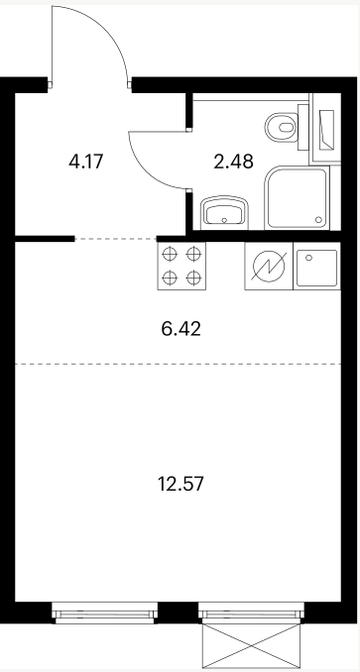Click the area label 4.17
pos(86,162)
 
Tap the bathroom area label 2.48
pos(234,162)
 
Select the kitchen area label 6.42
pos(180,329)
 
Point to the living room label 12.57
pos(180,485)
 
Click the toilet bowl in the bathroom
pos(281,127)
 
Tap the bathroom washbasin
pos(224,211)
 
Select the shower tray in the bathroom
pos(297,198)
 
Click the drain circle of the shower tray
pos(318,219)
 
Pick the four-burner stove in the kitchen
pos(181,266)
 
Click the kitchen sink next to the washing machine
pos(316,266)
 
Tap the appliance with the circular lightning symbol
pos(269,266)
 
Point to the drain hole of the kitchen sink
pos(308,258)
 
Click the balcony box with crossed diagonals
pos(252,645)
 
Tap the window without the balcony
pos(104,613)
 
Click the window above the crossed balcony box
pos(251,613)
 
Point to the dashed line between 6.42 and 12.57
pos(179,364)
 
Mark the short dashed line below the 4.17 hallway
pos(116,239)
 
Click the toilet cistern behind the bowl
pos(303,127)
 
